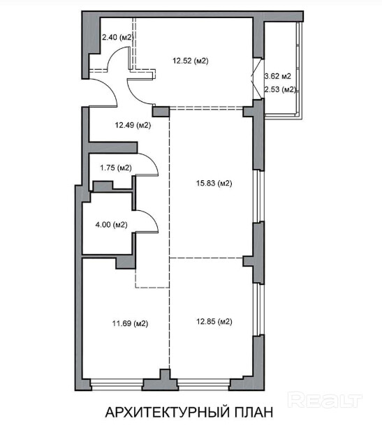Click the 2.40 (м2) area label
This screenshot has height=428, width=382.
point(118,37)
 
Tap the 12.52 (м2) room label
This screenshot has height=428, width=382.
point(191,61)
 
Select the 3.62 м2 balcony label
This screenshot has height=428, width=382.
point(277,76)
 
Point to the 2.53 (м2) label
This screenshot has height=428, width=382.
point(280,89)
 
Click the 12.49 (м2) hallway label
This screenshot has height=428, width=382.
point(133,125)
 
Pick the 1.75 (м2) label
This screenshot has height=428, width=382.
point(116,168)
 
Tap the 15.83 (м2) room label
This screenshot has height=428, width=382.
point(214,183)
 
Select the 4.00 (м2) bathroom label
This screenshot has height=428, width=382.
point(112,225)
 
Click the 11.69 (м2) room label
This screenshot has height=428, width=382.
point(130,324)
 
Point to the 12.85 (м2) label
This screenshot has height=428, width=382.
point(214,322)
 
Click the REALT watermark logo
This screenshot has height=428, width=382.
point(325,401)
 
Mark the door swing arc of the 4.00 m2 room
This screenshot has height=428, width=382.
point(152,217)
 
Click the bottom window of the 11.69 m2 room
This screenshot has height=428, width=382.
point(117,383)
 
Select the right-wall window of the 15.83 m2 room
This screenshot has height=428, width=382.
point(258,196)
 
